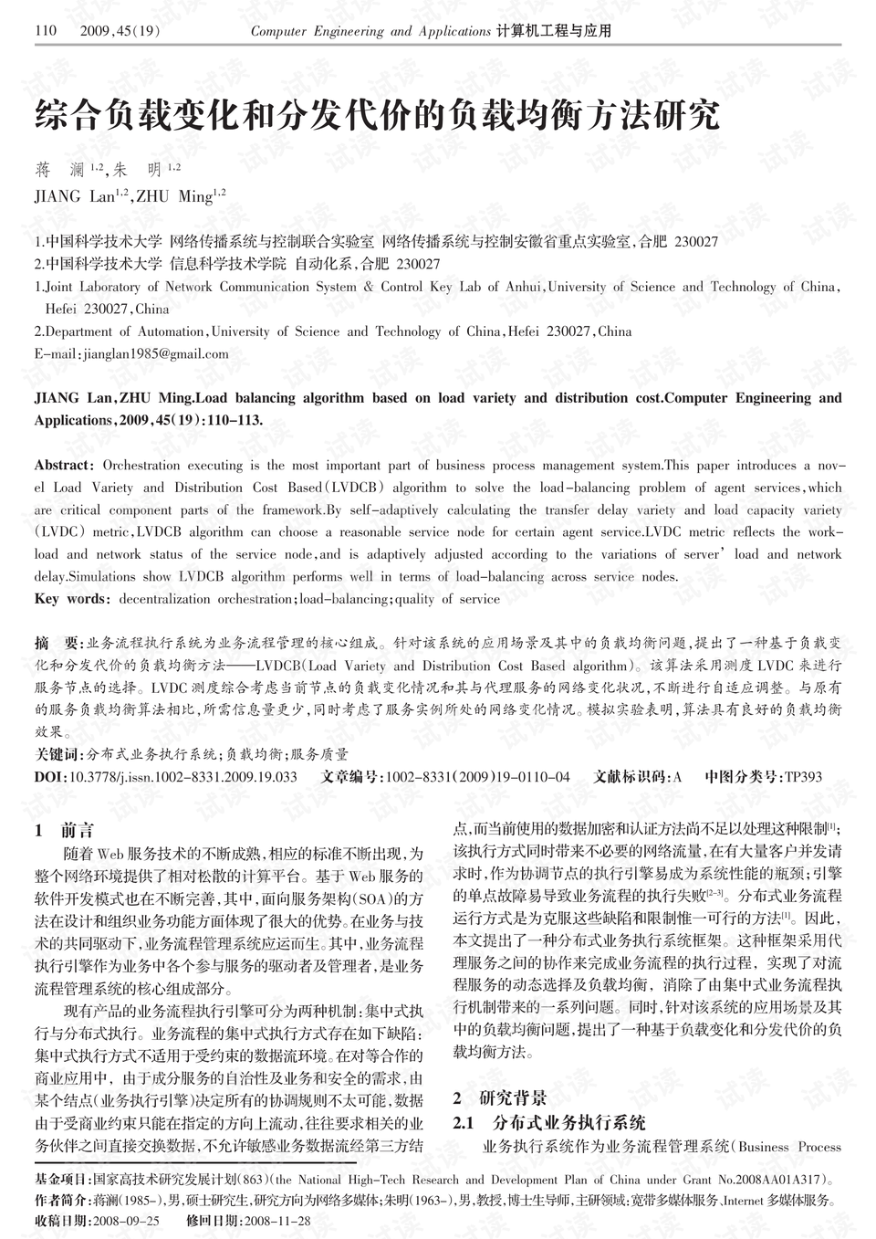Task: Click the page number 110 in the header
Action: (46, 31)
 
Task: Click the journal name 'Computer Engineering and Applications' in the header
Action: (370, 31)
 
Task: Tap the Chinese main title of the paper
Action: (377, 116)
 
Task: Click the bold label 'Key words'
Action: (70, 600)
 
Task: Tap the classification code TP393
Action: (803, 778)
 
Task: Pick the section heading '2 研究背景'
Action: (500, 1097)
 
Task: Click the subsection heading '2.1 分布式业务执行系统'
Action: (549, 1122)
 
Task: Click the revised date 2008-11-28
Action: (277, 1221)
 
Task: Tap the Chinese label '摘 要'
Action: (57, 643)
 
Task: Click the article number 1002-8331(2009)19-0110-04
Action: (477, 778)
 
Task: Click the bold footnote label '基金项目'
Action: (61, 1179)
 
